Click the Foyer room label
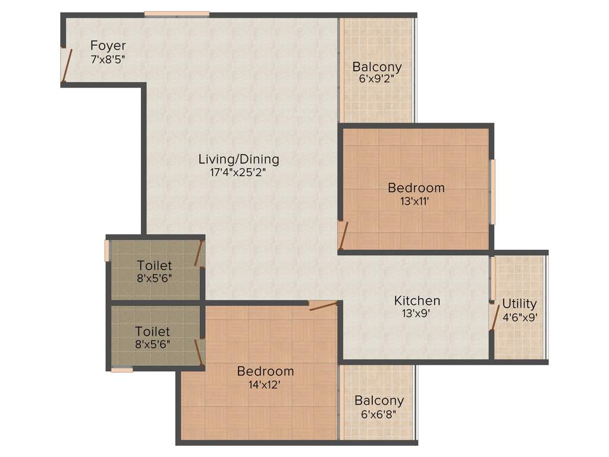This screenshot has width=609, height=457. pyautogui.click(x=108, y=46)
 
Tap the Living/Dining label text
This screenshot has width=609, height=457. pyautogui.click(x=238, y=159)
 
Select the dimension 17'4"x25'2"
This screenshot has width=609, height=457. pyautogui.click(x=238, y=173)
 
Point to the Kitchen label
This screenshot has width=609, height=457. pyautogui.click(x=417, y=301)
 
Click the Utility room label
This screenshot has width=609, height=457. pyautogui.click(x=519, y=303)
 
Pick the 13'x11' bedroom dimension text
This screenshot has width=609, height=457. pyautogui.click(x=415, y=202)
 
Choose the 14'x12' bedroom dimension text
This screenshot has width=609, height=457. pyautogui.click(x=265, y=385)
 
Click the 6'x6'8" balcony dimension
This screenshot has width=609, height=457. pyautogui.click(x=378, y=414)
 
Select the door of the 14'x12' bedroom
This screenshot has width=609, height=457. pyautogui.click(x=324, y=306)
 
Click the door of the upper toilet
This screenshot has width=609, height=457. pyautogui.click(x=199, y=253)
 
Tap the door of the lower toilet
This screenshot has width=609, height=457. pyautogui.click(x=200, y=352)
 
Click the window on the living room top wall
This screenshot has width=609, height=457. pyautogui.click(x=177, y=14)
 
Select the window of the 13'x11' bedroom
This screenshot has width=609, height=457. pyautogui.click(x=492, y=192)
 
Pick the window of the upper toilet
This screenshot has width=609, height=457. pyautogui.click(x=107, y=249)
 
